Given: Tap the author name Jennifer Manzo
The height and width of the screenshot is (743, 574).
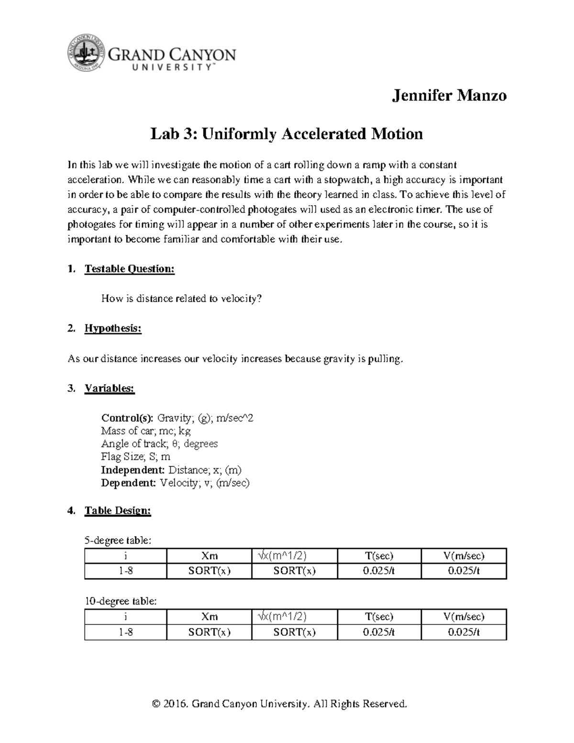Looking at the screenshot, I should pos(449,95).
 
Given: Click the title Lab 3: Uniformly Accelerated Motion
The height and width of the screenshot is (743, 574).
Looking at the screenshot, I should pos(287,133).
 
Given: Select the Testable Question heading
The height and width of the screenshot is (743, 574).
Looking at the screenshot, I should pos(129,269).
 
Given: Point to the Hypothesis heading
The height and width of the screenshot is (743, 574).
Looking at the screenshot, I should pos(113,329).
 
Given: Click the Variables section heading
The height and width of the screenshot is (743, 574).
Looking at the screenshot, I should pos(110,388).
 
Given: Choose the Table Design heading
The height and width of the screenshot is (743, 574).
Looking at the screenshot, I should pos(118,510).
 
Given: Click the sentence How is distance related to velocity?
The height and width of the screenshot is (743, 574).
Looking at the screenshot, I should pos(182,299).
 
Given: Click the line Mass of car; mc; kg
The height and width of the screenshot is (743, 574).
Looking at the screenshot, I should pos(145,431).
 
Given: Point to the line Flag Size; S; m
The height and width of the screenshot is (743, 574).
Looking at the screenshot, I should pos(135,456).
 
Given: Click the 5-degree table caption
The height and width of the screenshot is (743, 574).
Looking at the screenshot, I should pos(118,541).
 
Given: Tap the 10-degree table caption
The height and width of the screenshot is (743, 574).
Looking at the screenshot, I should pos(120,601).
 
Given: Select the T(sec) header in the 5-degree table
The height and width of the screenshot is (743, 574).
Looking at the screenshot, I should pos(379,555).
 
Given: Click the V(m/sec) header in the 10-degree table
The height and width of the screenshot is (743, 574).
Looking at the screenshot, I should pos(464,616).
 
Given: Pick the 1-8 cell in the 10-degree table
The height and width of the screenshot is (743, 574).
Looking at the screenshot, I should pos(126,632).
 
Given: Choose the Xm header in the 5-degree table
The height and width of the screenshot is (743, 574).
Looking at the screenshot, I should pos(210,555).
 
